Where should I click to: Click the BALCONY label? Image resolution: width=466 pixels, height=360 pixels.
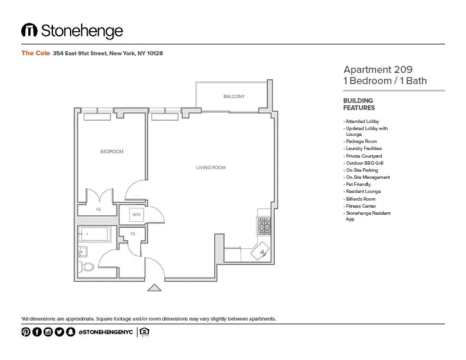[234, 96]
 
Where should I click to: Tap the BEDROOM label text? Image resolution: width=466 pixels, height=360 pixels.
[112, 152]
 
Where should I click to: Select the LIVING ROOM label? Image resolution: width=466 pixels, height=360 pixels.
[211, 168]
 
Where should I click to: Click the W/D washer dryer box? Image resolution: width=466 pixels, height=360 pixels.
[137, 215]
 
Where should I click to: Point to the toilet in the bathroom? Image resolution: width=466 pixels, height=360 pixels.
[87, 267]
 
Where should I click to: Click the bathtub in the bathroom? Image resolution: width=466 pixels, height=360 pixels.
[95, 235]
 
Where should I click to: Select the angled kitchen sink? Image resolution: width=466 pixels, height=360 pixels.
[259, 253]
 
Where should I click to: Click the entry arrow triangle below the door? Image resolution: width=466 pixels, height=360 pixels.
[154, 288]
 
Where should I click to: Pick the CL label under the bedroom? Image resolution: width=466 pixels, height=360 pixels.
[98, 208]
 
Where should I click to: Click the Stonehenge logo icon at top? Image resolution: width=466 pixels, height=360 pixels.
[29, 31]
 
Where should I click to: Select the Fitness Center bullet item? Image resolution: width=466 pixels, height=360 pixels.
[361, 206]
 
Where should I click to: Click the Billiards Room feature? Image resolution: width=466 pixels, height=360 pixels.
[360, 199]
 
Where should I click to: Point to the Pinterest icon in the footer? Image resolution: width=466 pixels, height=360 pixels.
[26, 332]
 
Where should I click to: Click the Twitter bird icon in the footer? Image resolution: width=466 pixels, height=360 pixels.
[59, 332]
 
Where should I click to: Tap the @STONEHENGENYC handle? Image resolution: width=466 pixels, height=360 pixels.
[105, 332]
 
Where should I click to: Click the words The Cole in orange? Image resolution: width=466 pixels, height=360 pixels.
[35, 53]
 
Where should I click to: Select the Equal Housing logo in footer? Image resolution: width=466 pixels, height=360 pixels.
[145, 332]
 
